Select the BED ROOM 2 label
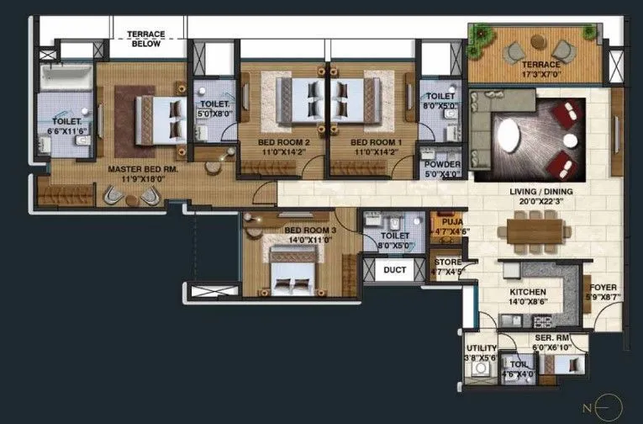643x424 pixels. [284, 143]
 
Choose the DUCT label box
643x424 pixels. [395, 270]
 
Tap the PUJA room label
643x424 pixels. [446, 222]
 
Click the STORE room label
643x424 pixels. [446, 262]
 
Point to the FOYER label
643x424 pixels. [603, 288]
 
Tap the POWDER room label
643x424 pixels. [441, 164]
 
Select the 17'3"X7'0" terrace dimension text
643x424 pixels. [540, 75]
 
